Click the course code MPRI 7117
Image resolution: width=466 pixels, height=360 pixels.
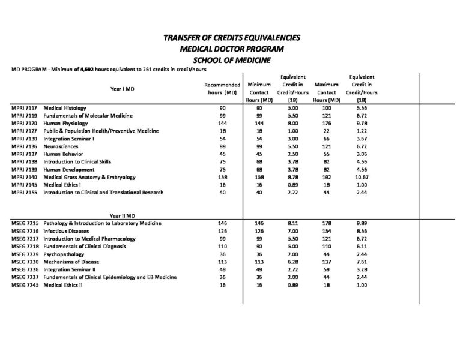(x=24, y=107)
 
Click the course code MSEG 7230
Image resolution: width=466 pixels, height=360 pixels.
(x=25, y=262)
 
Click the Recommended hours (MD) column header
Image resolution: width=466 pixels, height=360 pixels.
(x=222, y=89)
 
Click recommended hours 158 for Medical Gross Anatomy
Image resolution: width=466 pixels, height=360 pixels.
(x=222, y=177)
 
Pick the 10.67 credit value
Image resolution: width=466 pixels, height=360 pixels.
(x=362, y=177)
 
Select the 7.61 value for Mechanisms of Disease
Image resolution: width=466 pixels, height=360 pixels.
(x=362, y=262)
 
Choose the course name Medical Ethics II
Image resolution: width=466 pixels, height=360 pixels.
(x=63, y=285)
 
